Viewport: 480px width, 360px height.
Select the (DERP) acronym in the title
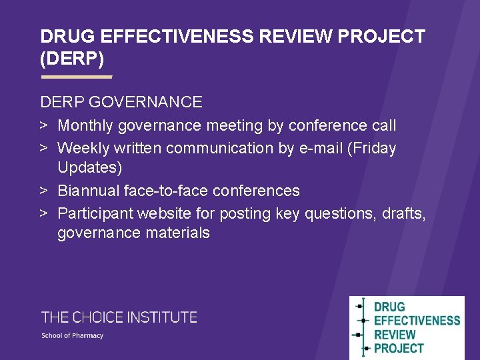point(72,59)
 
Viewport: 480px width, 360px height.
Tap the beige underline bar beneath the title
point(76,77)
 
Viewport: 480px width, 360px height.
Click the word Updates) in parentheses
point(89,167)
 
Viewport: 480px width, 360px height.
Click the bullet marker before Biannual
point(43,191)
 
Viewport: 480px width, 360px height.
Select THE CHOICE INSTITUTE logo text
point(119,317)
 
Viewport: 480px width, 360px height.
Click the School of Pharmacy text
point(73,335)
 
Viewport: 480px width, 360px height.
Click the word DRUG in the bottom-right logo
point(389,307)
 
